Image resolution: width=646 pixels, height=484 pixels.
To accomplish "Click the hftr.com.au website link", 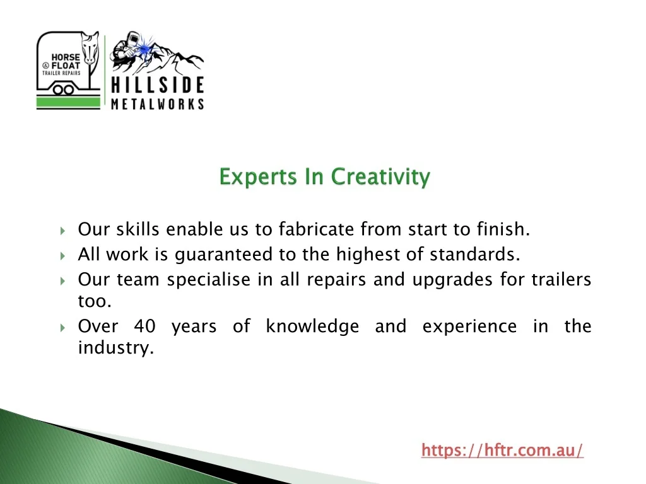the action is pyautogui.click(x=502, y=450).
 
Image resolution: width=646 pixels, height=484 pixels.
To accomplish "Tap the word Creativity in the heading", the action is pyautogui.click(x=380, y=177).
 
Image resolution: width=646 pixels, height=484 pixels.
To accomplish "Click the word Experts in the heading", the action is pyautogui.click(x=258, y=177).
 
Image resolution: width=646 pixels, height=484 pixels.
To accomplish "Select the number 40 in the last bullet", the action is pyautogui.click(x=144, y=326).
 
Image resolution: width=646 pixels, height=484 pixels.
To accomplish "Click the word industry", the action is pyautogui.click(x=116, y=348).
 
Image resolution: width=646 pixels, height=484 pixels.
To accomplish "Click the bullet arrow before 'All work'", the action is pyautogui.click(x=62, y=256).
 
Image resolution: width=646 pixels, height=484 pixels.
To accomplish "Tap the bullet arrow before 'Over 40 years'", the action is pyautogui.click(x=62, y=328).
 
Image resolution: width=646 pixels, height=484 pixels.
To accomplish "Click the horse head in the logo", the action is pyautogui.click(x=90, y=48).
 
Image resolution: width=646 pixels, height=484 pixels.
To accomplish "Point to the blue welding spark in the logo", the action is pyautogui.click(x=144, y=49).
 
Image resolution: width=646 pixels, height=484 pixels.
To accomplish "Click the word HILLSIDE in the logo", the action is pyautogui.click(x=157, y=85).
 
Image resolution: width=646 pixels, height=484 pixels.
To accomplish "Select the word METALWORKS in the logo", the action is pyautogui.click(x=157, y=104).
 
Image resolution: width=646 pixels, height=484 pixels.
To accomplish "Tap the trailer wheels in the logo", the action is pyautogui.click(x=64, y=89).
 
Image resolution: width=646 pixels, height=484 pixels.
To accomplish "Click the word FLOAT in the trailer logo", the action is pyautogui.click(x=66, y=66).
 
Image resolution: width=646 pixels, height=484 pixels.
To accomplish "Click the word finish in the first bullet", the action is pyautogui.click(x=503, y=229).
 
